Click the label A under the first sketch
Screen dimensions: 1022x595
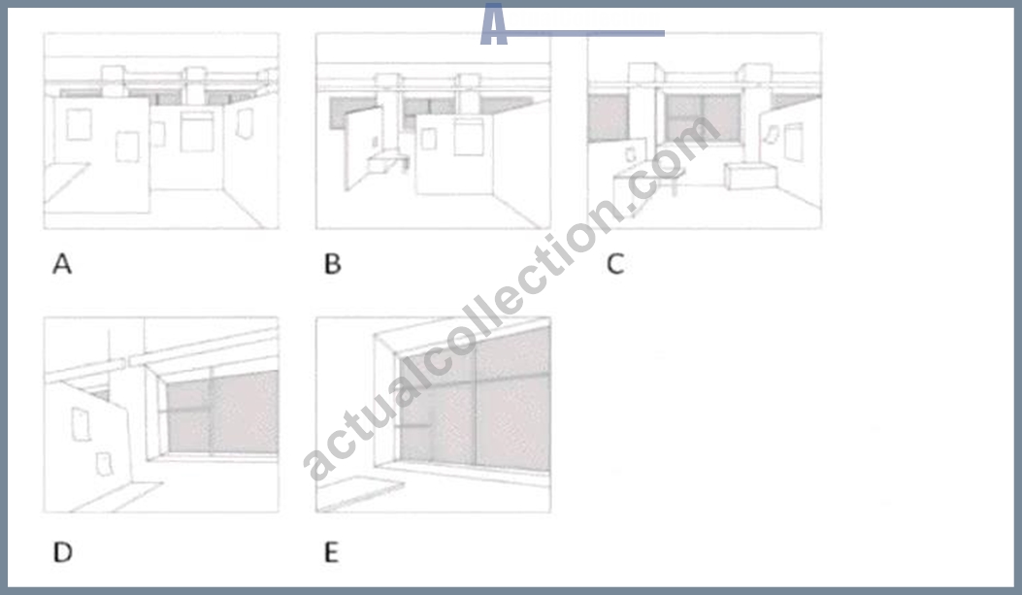[x=62, y=264]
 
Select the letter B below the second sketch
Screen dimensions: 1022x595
[x=332, y=264]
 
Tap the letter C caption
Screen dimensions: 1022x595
[x=615, y=264]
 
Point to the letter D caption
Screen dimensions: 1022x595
[x=62, y=552]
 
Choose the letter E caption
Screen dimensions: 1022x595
[x=331, y=552]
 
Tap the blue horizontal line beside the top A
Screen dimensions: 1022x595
[x=585, y=33]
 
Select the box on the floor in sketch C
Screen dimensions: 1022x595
[x=750, y=176]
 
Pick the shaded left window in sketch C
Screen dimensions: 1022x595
[x=608, y=118]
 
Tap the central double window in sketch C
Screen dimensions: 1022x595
[x=703, y=118]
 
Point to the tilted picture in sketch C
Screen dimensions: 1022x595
[x=772, y=135]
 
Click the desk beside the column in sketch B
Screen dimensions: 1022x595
[x=388, y=162]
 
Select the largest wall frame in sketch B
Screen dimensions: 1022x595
[x=469, y=137]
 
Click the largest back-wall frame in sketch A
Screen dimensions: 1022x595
[x=197, y=132]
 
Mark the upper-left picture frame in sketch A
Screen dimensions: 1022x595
[x=79, y=124]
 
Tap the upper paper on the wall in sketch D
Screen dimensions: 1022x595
[x=81, y=424]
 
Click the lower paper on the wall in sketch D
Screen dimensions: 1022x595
[x=104, y=464]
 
